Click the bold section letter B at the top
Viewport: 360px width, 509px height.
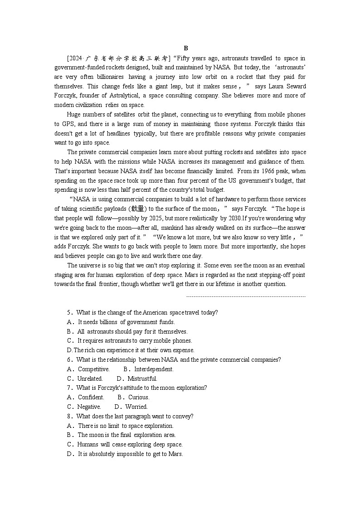pos(186,48)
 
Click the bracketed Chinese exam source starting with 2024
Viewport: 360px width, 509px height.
pos(118,58)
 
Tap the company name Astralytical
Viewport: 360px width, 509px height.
pos(142,96)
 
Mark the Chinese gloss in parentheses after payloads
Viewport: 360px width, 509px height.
pos(138,209)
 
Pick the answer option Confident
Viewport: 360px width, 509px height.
pos(91,398)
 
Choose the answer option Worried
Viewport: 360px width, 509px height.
pos(136,407)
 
